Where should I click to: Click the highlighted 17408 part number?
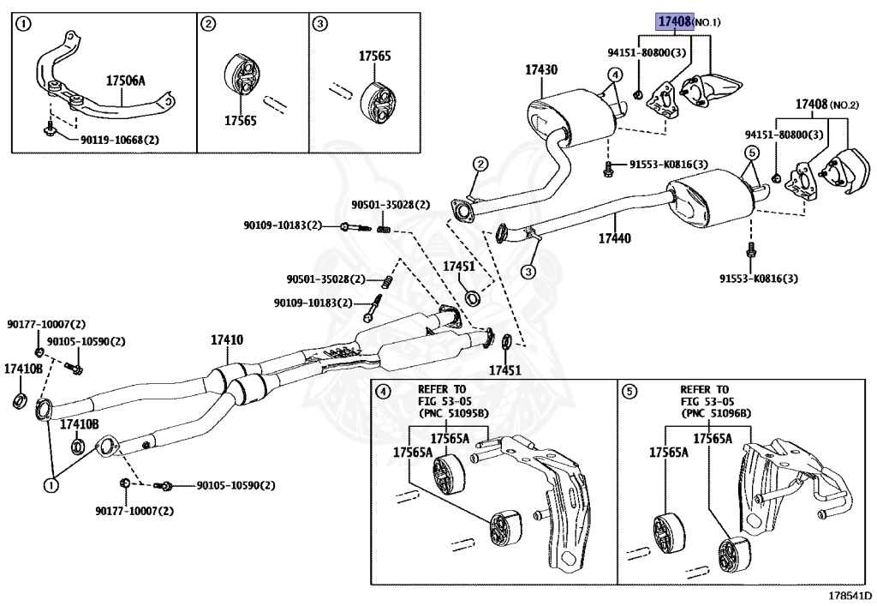tap(675, 21)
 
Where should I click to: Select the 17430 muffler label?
tap(541, 70)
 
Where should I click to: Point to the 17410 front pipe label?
tap(227, 339)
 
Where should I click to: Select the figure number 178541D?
tap(849, 595)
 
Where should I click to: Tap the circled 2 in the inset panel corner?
tap(208, 25)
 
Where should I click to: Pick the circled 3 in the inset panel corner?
tap(319, 25)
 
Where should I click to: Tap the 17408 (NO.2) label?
tap(826, 105)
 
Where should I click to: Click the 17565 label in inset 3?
tap(374, 57)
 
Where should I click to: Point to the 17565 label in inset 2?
tap(241, 121)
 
